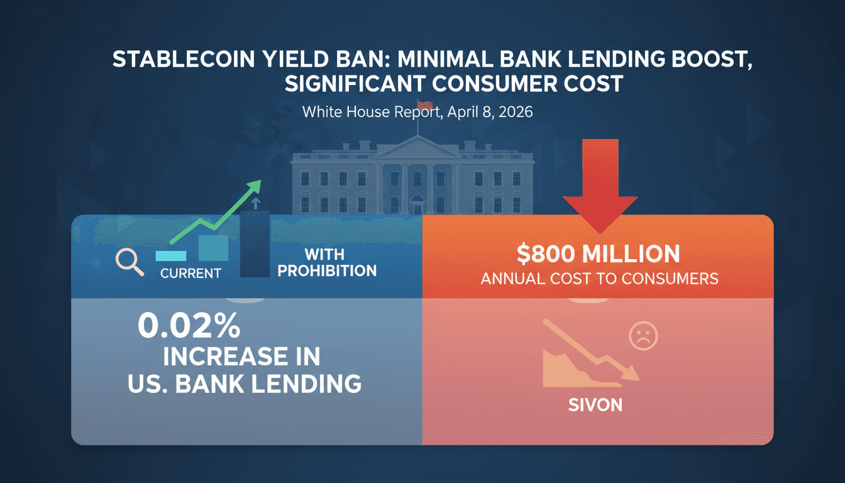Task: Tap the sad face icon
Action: pyautogui.click(x=643, y=338)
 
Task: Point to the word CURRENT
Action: pyautogui.click(x=190, y=274)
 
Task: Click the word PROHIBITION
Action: pyautogui.click(x=327, y=271)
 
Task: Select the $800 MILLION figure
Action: pyautogui.click(x=598, y=254)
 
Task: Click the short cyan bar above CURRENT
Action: pyautogui.click(x=170, y=255)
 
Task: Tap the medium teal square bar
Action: pyautogui.click(x=213, y=248)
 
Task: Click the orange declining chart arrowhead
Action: pyautogui.click(x=630, y=375)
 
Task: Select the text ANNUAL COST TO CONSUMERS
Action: pyautogui.click(x=599, y=279)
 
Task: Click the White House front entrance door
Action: pyautogui.click(x=417, y=205)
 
